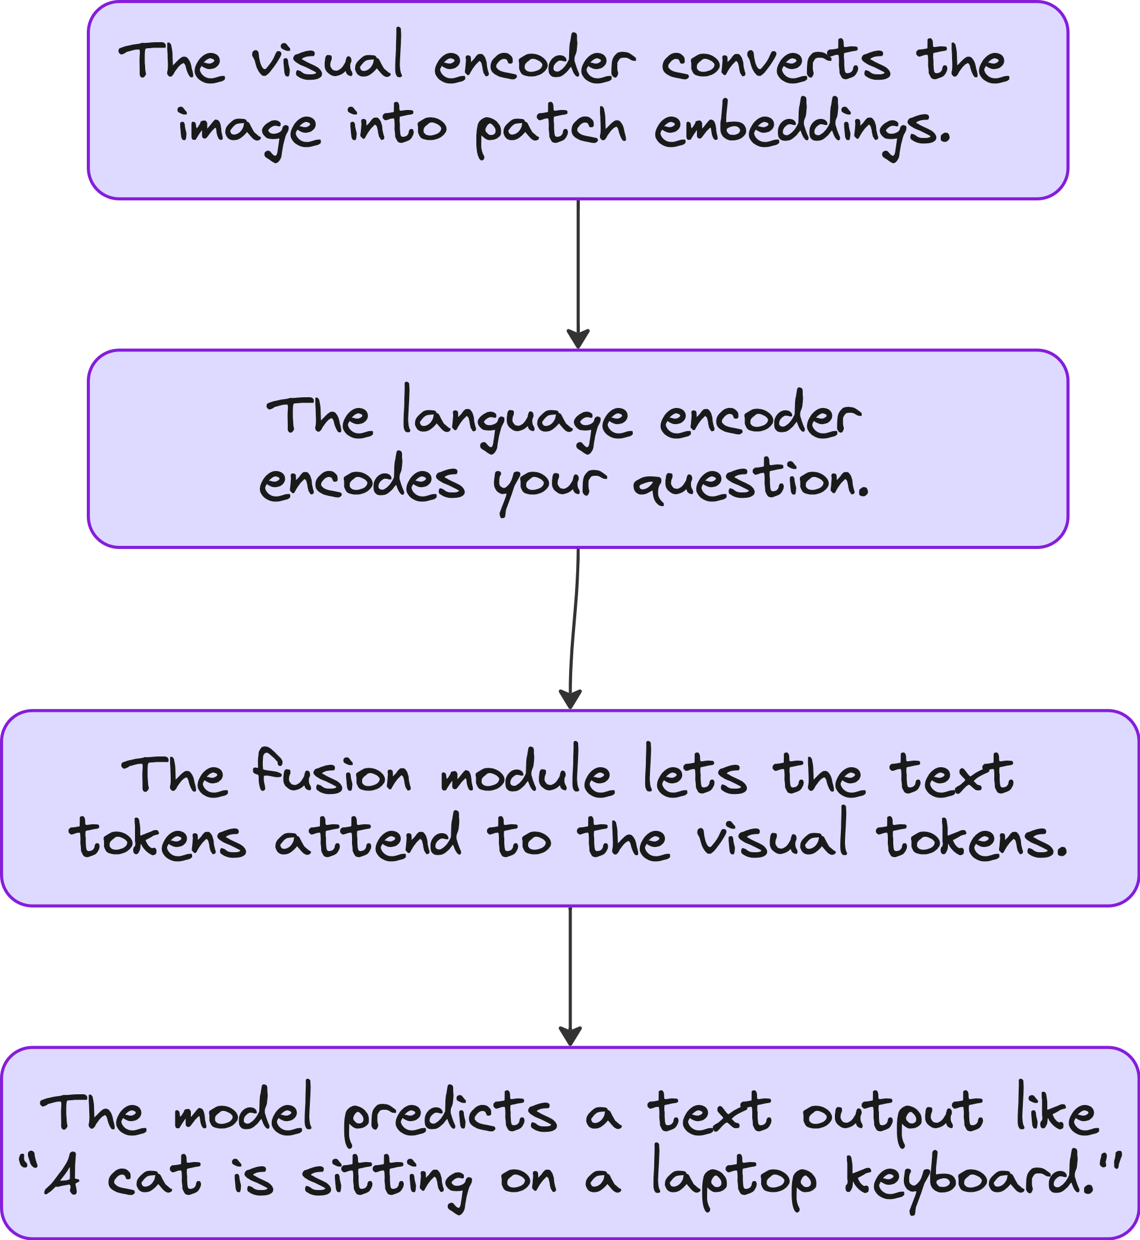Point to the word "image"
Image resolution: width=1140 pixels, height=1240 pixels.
pyautogui.click(x=249, y=130)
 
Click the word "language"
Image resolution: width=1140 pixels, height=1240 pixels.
pyautogui.click(x=517, y=420)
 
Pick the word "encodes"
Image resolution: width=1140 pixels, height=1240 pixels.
pyautogui.click(x=362, y=483)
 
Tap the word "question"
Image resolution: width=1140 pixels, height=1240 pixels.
pyautogui.click(x=750, y=483)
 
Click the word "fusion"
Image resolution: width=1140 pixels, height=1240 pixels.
pyautogui.click(x=332, y=774)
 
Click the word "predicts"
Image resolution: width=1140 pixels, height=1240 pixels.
pyautogui.click(x=449, y=1115)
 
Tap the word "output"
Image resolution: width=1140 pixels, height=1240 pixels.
pyautogui.click(x=893, y=1115)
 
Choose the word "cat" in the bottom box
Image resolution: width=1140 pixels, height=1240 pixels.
pyautogui.click(x=154, y=1178)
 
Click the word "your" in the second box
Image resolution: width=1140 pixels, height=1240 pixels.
pyautogui.click(x=549, y=484)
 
